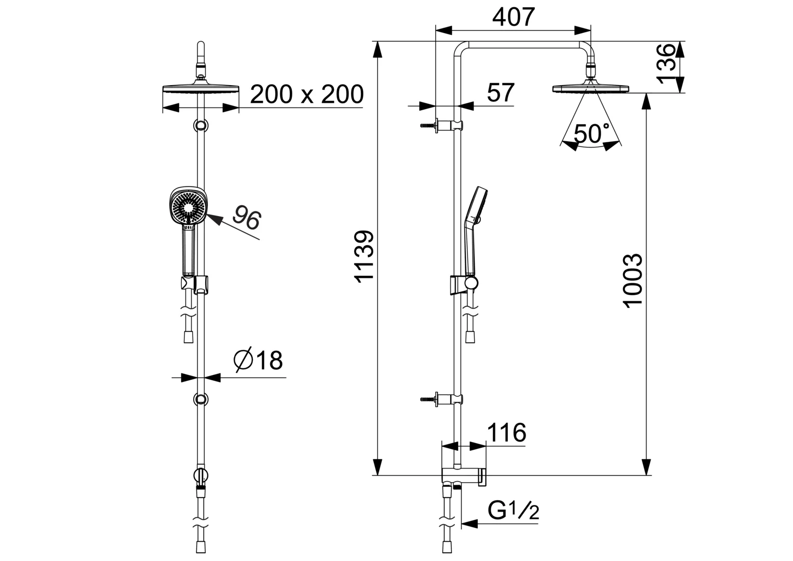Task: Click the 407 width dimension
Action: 513,17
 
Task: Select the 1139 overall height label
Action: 364,257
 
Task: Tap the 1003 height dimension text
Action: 633,281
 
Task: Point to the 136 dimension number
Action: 666,64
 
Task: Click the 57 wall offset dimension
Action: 501,92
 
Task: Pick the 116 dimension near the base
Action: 507,432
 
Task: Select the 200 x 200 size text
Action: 307,94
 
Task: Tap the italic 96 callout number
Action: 247,218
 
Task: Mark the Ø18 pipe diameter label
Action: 258,360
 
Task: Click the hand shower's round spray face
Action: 189,207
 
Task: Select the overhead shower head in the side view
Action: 590,88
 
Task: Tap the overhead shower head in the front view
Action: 201,89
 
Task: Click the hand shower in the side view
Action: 475,230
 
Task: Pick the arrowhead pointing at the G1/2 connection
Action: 469,524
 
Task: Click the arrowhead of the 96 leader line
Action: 215,220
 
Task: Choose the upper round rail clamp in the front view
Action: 201,125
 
